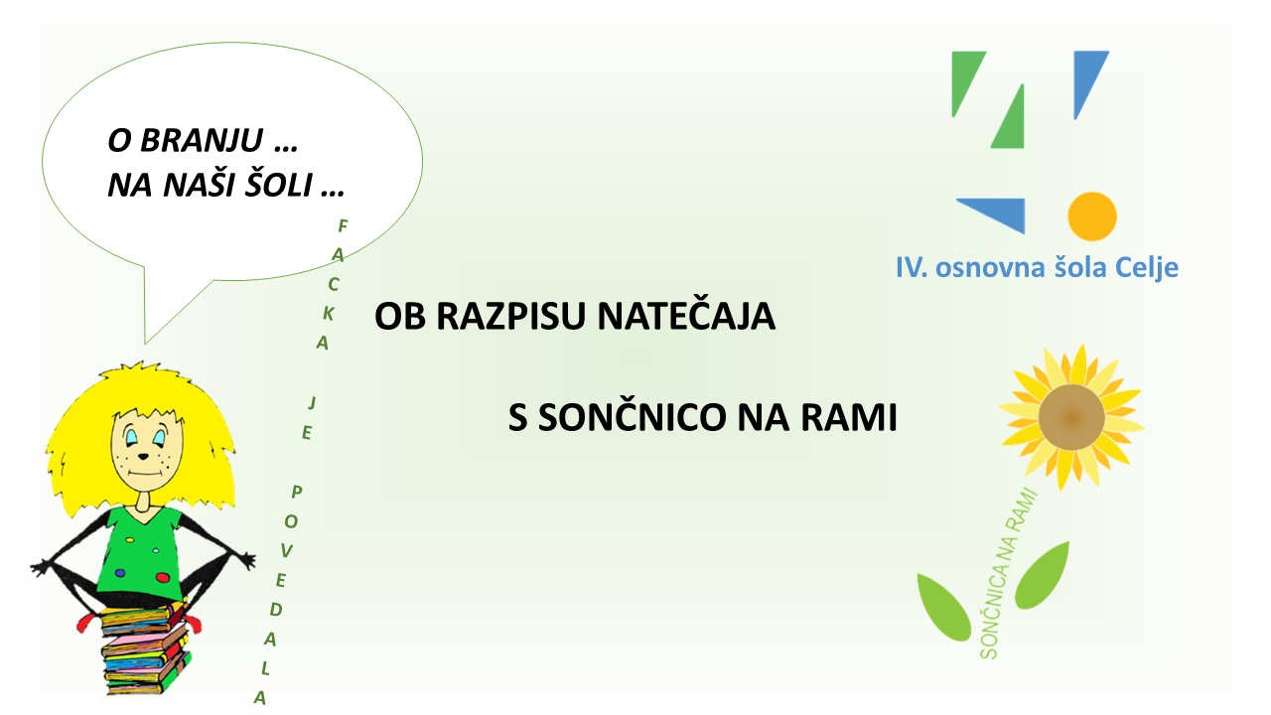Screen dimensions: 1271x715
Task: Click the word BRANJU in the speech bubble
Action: [x=202, y=140]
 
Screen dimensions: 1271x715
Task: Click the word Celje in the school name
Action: [x=1146, y=268]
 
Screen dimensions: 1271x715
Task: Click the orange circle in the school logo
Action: [x=1092, y=216]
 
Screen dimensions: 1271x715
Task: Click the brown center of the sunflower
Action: [x=1071, y=417]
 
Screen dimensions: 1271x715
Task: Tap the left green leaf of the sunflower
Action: [x=943, y=608]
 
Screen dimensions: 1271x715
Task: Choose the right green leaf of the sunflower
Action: [x=1042, y=575]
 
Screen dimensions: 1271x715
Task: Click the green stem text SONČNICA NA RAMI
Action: [x=1008, y=574]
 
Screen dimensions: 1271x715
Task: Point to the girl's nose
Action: [x=144, y=456]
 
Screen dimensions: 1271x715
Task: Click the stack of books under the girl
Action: [x=145, y=648]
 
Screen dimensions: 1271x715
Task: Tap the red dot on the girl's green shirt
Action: [x=163, y=578]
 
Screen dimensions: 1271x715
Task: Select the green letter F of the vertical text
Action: [x=343, y=226]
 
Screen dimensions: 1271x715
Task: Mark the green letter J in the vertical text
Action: [x=312, y=403]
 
